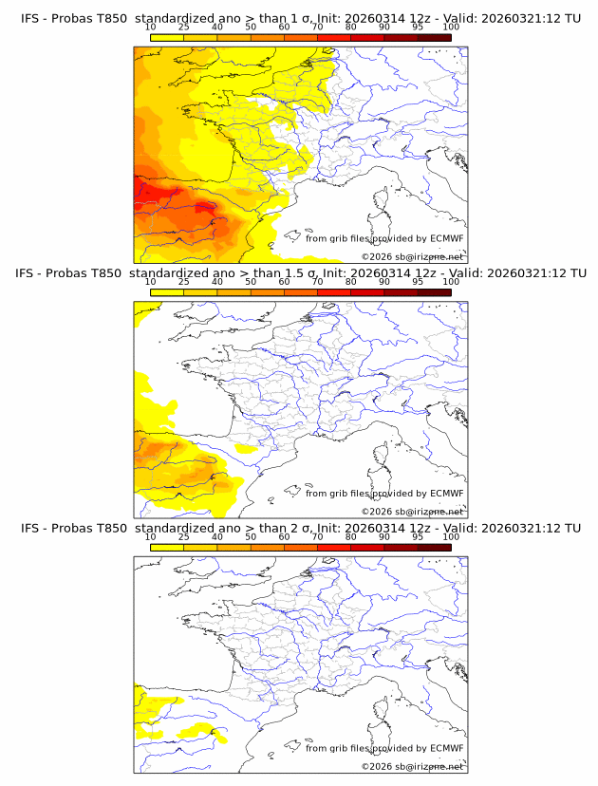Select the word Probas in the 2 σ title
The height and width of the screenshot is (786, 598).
pyautogui.click(x=77, y=528)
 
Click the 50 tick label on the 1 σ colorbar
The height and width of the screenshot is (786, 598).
pyautogui.click(x=251, y=28)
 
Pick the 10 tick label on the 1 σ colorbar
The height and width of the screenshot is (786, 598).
pyautogui.click(x=151, y=28)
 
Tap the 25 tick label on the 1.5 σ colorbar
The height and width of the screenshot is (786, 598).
pyautogui.click(x=184, y=282)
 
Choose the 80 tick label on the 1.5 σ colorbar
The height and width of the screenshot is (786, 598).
pyautogui.click(x=350, y=282)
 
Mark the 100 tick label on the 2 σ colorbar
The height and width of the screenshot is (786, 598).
pyautogui.click(x=451, y=537)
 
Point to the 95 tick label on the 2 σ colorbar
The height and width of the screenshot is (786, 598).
pyautogui.click(x=418, y=537)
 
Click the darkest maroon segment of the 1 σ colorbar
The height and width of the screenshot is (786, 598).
pyautogui.click(x=434, y=38)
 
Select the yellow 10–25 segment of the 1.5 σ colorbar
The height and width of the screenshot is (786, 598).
pyautogui.click(x=167, y=292)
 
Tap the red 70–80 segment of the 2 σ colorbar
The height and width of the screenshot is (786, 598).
pyautogui.click(x=334, y=548)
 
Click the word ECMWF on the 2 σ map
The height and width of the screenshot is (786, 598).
pyautogui.click(x=446, y=748)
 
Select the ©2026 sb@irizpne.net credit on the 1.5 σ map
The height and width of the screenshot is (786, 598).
pyautogui.click(x=412, y=511)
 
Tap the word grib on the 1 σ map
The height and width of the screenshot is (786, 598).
pyautogui.click(x=339, y=238)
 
